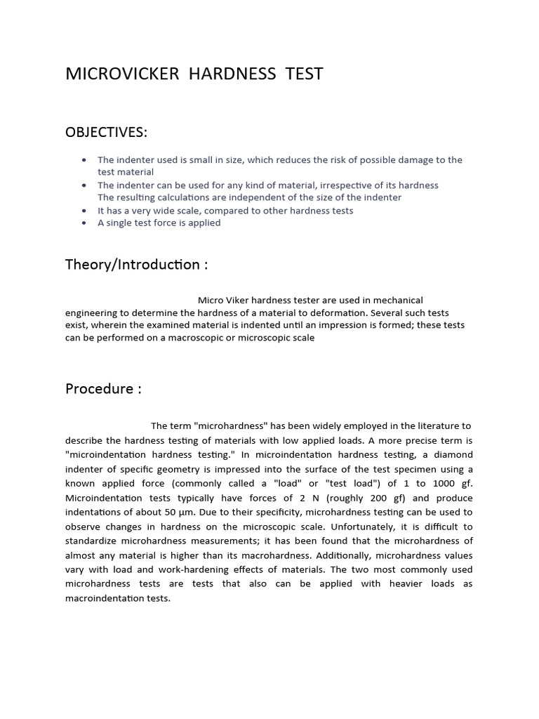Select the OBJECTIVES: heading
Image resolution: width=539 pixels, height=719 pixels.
pyautogui.click(x=107, y=133)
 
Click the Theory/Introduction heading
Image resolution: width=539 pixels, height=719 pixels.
pyautogui.click(x=136, y=265)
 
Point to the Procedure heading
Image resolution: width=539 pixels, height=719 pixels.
pyautogui.click(x=103, y=389)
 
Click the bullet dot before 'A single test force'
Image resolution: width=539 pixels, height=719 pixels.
pyautogui.click(x=85, y=223)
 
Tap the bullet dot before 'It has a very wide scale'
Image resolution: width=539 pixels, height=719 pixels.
pyautogui.click(x=85, y=211)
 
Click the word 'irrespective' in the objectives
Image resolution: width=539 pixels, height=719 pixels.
pyautogui.click(x=327, y=185)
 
